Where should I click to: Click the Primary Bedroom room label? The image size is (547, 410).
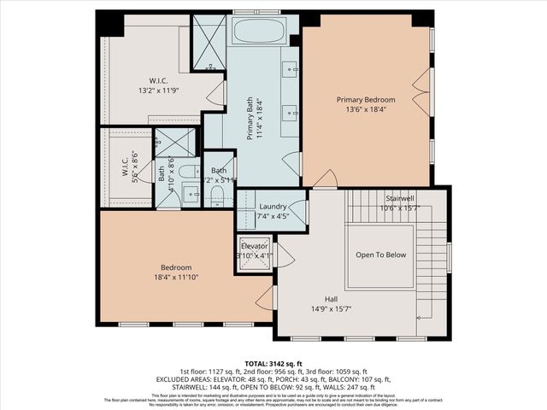pos(367,99)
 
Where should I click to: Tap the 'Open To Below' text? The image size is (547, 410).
pos(380,255)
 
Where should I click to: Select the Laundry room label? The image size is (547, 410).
pos(273,207)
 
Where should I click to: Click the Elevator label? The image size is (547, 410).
pos(254,246)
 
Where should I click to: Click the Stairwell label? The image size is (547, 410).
pos(399,197)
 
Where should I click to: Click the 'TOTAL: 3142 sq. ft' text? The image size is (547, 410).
pos(273,362)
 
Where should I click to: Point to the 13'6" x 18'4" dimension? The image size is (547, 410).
pos(367,108)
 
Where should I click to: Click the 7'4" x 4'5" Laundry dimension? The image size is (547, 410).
pos(273,216)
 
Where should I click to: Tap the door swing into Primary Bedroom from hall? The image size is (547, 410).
pos(325,179)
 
